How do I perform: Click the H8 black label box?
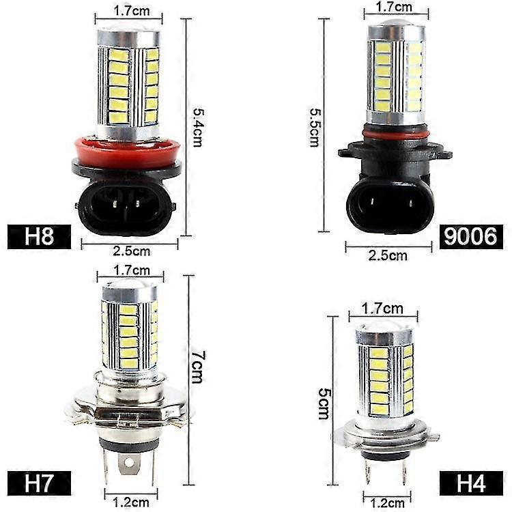point(39,237)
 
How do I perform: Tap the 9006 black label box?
point(471,237)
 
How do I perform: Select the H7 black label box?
point(39,483)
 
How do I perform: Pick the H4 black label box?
point(471,483)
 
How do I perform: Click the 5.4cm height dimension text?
point(198,128)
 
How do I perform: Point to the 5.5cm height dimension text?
point(315,128)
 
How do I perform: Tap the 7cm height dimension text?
point(197,367)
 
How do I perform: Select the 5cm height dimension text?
point(324,403)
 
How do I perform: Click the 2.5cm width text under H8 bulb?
point(132,251)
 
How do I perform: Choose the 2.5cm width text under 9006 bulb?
point(388,255)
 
